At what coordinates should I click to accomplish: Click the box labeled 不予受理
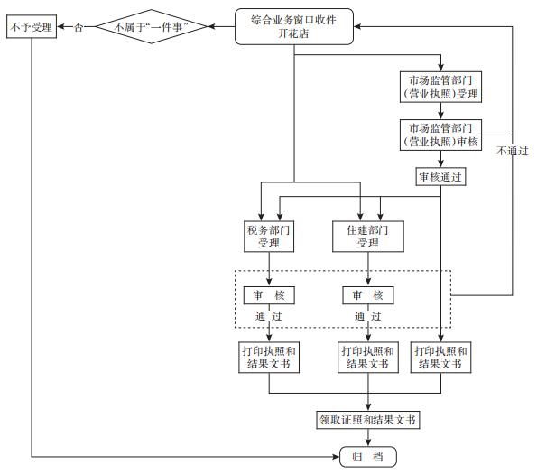(32, 26)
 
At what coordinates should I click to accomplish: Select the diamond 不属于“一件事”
(152, 26)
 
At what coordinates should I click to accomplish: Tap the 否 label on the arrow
(79, 27)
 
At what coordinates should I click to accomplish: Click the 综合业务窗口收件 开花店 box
(294, 26)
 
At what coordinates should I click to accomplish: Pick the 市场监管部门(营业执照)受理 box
(440, 87)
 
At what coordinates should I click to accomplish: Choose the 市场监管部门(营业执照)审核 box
(440, 135)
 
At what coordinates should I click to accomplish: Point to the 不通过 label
(513, 151)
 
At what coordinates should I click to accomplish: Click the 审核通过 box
(440, 177)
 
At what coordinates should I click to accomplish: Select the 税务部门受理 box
(269, 237)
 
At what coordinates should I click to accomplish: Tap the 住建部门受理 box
(368, 237)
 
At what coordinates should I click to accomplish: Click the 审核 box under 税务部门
(269, 295)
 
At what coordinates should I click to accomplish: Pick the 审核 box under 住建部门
(368, 295)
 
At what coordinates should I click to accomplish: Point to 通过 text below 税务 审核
(269, 316)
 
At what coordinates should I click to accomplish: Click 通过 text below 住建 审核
(368, 316)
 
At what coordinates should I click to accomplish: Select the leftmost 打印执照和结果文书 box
(269, 357)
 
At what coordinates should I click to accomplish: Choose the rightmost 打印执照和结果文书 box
(440, 357)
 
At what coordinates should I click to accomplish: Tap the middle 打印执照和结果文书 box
(368, 357)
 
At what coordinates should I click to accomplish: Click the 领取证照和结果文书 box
(368, 420)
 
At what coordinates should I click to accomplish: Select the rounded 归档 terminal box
(368, 457)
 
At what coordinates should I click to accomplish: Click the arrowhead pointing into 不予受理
(60, 26)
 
